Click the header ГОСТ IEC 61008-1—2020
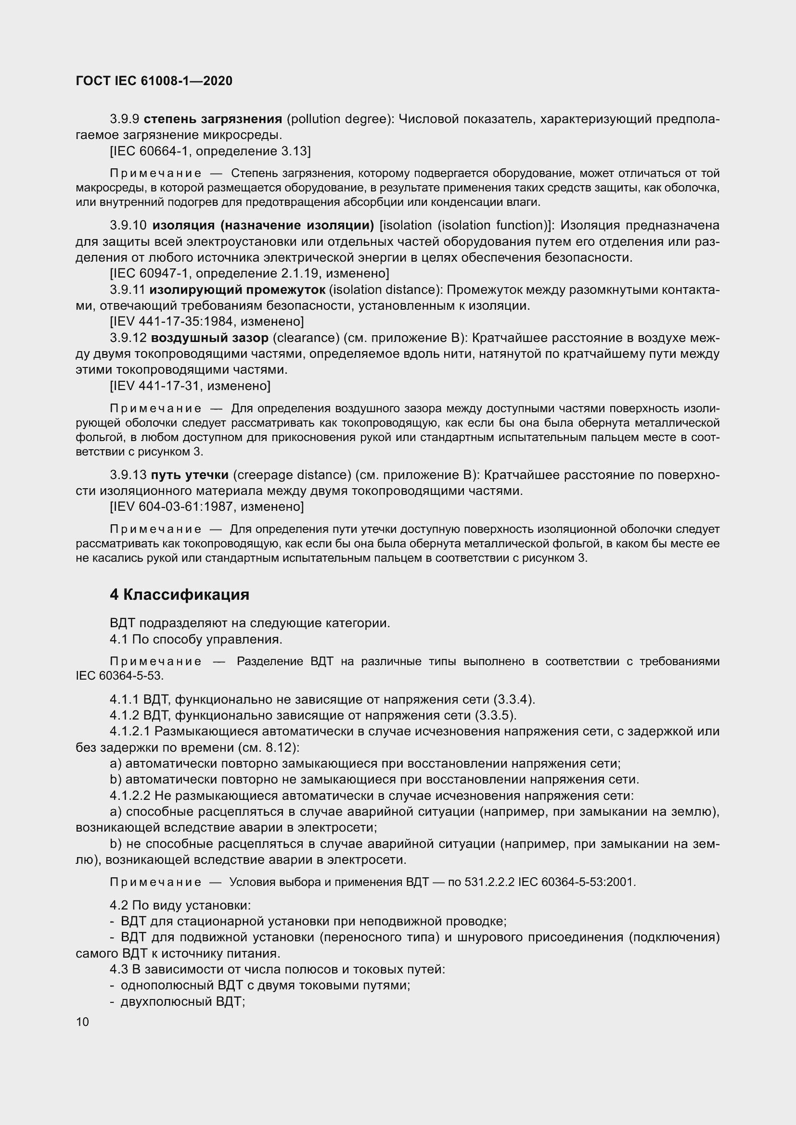(x=154, y=81)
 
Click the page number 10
(x=82, y=1022)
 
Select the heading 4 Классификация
(x=180, y=594)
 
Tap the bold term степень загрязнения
(x=213, y=119)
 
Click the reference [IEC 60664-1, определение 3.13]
(x=210, y=151)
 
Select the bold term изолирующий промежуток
(x=237, y=290)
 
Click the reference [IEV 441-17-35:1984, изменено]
(x=206, y=321)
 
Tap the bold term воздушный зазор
(x=210, y=338)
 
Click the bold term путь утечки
(x=190, y=475)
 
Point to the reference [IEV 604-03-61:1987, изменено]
(x=206, y=506)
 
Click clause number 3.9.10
(x=128, y=226)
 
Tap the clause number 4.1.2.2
(x=130, y=795)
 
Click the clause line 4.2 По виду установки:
(x=180, y=906)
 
